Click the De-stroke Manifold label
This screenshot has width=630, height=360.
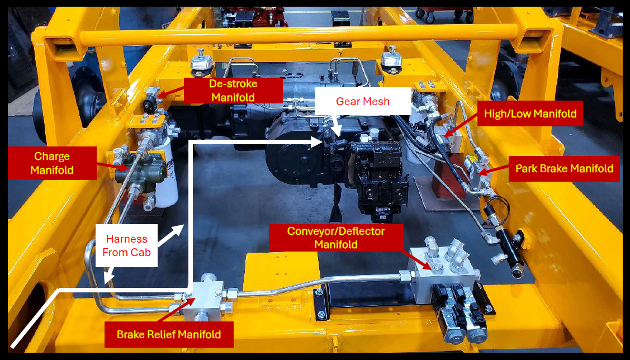pos(234,91)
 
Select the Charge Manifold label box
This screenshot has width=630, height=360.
pos(52,163)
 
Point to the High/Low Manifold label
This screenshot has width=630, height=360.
pos(530,113)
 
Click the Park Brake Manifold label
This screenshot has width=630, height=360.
pos(565,169)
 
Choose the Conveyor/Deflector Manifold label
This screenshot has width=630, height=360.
pos(335,238)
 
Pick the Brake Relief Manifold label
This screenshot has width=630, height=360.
pos(169,334)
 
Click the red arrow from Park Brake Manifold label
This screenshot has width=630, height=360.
pos(494,171)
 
